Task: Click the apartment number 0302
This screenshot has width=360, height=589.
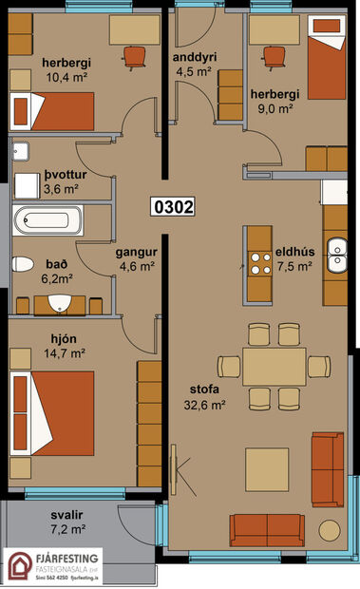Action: tap(173, 206)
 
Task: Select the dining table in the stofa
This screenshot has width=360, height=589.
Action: tap(274, 366)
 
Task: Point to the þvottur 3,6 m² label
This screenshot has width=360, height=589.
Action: tap(60, 181)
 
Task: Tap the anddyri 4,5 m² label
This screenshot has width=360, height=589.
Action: tap(196, 63)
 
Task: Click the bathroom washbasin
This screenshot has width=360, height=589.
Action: tap(60, 303)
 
